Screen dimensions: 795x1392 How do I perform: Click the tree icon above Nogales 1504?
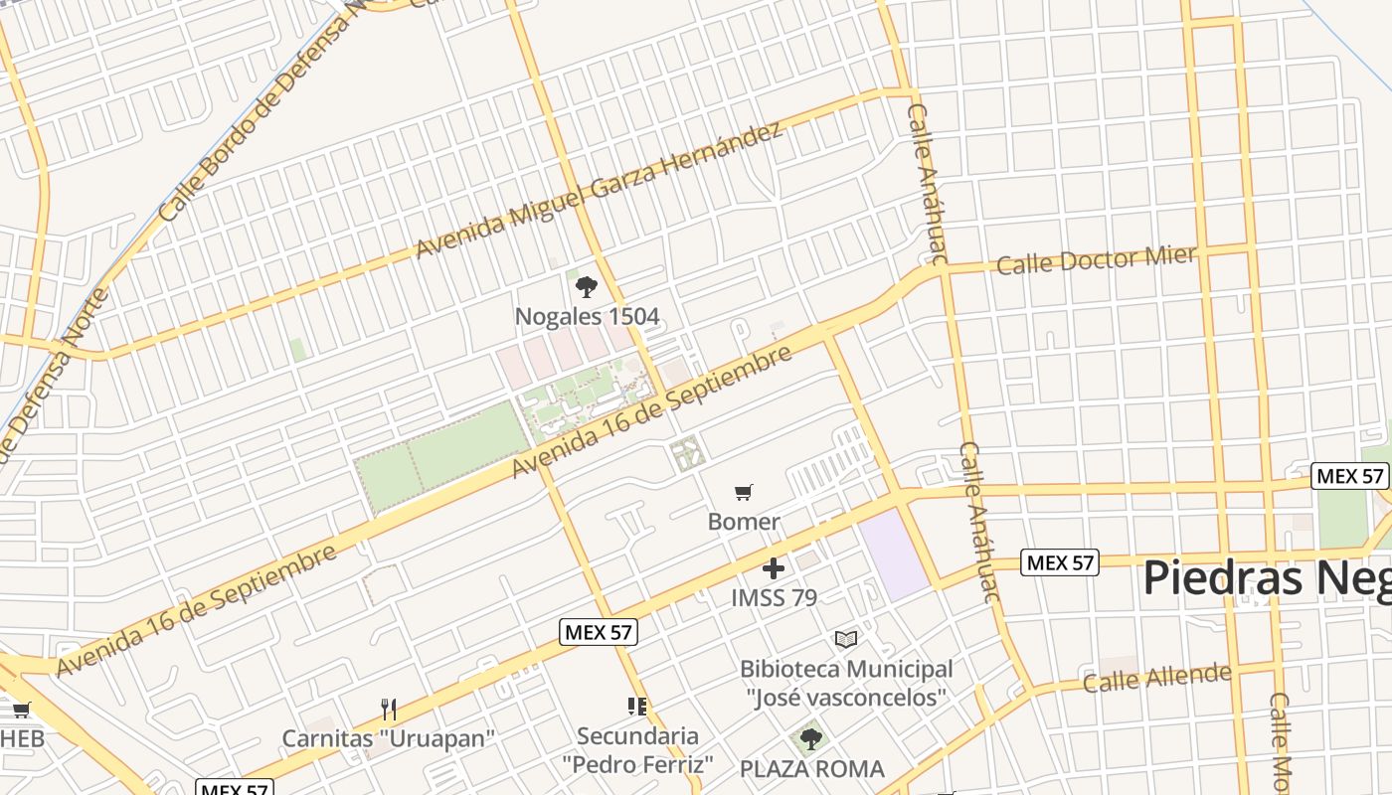[587, 287]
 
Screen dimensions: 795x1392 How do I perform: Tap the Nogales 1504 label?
[587, 317]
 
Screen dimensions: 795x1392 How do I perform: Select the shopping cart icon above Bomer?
[743, 492]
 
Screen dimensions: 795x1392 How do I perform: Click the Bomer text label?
[744, 521]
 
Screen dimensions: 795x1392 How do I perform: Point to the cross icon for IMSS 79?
[774, 568]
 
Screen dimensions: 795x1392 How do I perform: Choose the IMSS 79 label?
[774, 597]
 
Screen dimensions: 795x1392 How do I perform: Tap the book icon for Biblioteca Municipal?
[846, 639]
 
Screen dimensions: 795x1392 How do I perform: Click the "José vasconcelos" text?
[846, 698]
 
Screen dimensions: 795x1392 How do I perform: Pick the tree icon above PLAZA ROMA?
[811, 738]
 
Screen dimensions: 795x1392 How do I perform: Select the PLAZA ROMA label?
[811, 768]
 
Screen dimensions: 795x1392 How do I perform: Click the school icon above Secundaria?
[637, 707]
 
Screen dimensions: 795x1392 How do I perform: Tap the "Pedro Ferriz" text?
[637, 764]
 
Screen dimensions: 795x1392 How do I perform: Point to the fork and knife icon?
[389, 709]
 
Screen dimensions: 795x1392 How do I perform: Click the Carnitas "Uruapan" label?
[389, 738]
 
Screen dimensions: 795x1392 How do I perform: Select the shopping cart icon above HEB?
[21, 710]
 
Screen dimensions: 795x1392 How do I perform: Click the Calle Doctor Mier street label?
[1096, 260]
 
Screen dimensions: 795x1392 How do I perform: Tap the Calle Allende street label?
[1156, 679]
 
